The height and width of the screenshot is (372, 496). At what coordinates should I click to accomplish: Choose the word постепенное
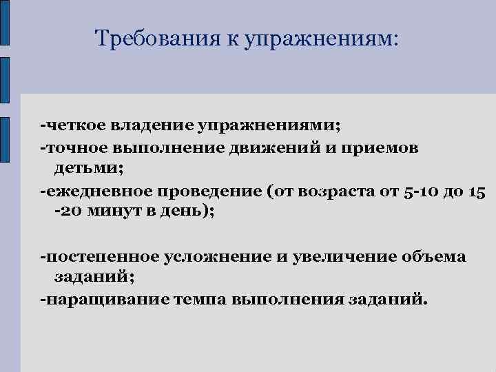[103, 257]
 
